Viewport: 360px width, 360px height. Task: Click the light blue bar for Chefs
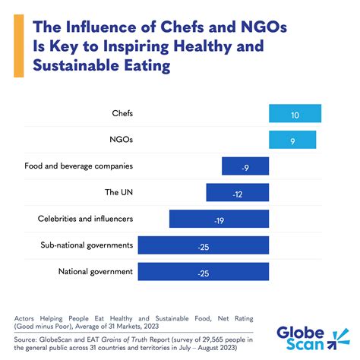pos(295,114)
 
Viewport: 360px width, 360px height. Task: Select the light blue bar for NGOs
pos(292,140)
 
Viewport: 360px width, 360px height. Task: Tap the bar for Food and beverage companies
pos(245,166)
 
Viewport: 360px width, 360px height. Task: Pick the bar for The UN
pos(237,193)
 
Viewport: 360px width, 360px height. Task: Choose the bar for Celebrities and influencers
pos(219,219)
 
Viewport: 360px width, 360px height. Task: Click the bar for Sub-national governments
pos(204,245)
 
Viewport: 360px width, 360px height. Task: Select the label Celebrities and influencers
pos(86,219)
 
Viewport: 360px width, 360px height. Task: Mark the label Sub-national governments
pos(87,245)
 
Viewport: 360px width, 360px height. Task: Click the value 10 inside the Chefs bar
pos(295,114)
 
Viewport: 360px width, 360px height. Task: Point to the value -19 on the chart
pos(219,219)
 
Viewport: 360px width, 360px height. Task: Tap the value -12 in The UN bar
pos(237,193)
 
